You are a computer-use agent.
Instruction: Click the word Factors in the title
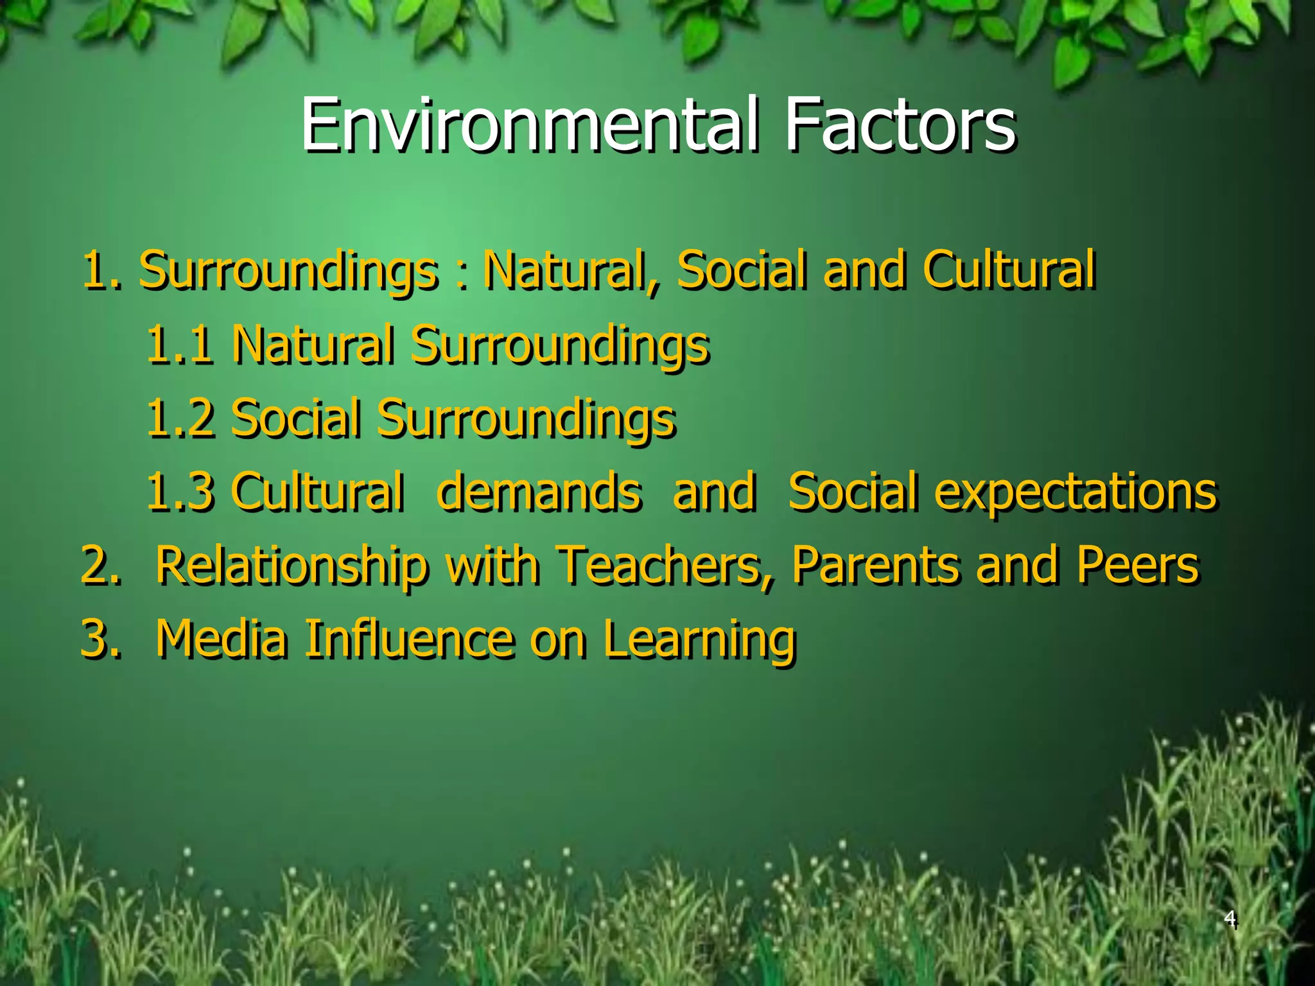900,125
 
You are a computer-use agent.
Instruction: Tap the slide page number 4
1229,919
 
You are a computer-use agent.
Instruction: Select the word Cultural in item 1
1009,270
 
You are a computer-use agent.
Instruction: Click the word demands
539,492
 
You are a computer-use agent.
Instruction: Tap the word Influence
408,639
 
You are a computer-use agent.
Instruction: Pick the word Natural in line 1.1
313,344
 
